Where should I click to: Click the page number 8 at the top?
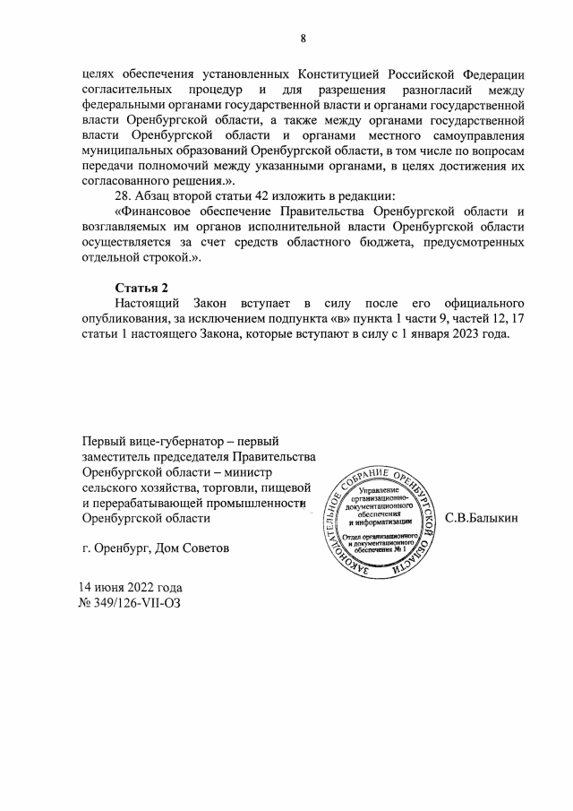click(x=304, y=38)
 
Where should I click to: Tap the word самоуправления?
click(x=474, y=141)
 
